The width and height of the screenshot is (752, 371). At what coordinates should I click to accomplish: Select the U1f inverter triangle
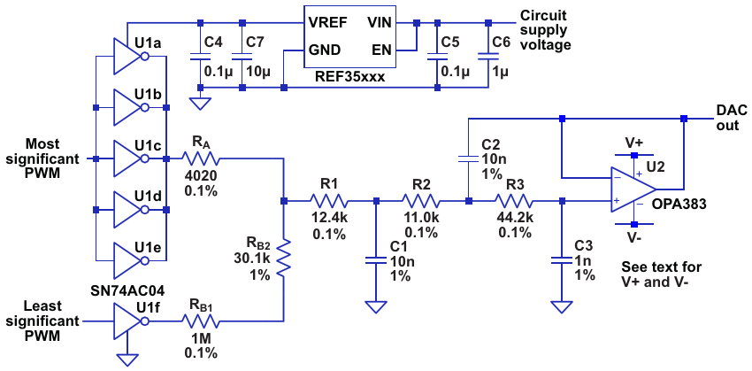129,322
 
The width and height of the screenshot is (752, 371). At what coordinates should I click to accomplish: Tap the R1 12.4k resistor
329,201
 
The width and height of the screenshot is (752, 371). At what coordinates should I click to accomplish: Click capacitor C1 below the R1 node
376,259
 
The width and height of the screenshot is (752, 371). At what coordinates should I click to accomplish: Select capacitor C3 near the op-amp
560,259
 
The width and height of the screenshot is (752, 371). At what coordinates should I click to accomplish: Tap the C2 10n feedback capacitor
467,159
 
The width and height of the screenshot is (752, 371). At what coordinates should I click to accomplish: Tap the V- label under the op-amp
634,238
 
